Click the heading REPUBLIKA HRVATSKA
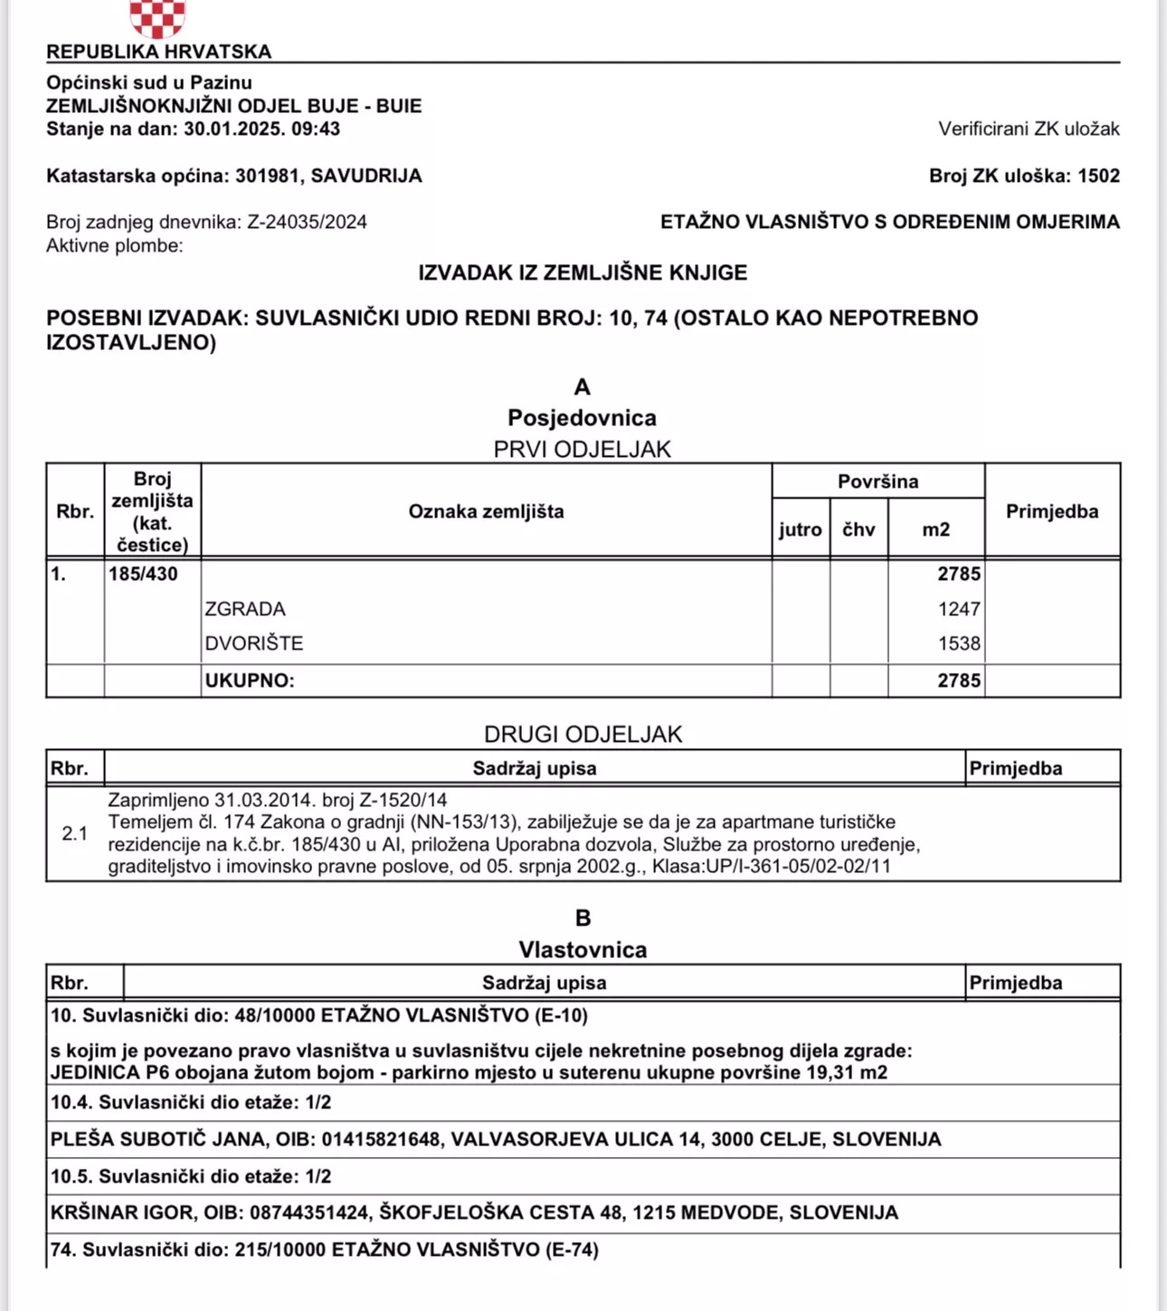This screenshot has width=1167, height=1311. coord(159,52)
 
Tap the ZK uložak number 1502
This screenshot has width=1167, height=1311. coord(1098,176)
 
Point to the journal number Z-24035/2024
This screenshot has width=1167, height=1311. coord(308,223)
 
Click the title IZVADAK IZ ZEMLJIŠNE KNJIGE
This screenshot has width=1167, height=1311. coord(583,272)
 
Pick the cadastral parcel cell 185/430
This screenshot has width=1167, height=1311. coord(143,574)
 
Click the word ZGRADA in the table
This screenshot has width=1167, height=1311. coord(245,609)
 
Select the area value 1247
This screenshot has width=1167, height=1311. coord(959,609)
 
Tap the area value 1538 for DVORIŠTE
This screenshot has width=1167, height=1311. coord(959,643)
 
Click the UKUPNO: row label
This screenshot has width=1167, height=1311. coord(250,680)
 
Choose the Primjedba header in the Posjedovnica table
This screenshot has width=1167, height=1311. coord(1052,511)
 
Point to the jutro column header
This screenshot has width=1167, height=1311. coord(801,529)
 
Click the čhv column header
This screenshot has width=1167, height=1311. coord(859,529)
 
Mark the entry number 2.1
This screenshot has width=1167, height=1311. coord(75,833)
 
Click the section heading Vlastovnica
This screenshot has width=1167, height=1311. coord(583,949)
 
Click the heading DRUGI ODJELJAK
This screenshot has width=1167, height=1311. coord(583,734)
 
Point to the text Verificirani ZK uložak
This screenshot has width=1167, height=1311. coord(1029,129)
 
